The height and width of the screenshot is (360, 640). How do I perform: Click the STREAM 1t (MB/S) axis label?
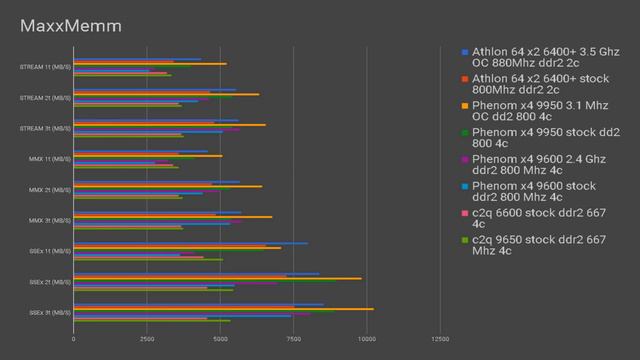[45, 67]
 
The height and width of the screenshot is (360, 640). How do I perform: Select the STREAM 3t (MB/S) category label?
[45, 128]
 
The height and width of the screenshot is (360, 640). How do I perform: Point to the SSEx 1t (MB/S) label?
[46, 251]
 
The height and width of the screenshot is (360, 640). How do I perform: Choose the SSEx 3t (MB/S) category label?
[46, 312]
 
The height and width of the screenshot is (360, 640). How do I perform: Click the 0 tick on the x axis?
[73, 338]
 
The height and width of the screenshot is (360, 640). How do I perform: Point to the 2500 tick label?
[146, 338]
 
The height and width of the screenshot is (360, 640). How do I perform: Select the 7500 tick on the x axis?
[293, 338]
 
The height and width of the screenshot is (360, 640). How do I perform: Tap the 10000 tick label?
[366, 338]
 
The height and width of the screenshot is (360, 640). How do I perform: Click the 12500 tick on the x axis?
[439, 338]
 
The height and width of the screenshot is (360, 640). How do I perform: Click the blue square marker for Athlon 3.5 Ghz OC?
[464, 51]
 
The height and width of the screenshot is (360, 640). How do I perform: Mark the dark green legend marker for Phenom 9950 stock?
[464, 131]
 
